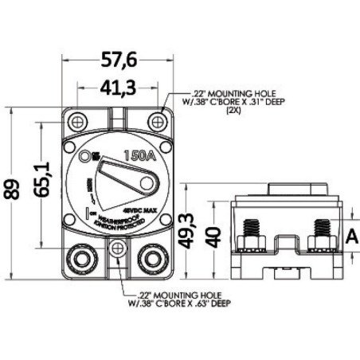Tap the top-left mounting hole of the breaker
tap(79, 120)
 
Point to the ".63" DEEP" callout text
tap(186, 303)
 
